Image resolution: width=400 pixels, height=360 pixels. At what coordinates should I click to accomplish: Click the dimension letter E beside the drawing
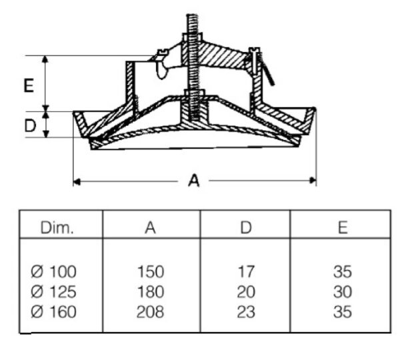coord(29,85)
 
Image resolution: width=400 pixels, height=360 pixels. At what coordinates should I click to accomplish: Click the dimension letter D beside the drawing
coord(30,125)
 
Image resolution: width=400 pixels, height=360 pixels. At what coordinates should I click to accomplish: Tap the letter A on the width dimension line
coord(193,181)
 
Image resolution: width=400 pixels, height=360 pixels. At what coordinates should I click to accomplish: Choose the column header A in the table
coord(150,227)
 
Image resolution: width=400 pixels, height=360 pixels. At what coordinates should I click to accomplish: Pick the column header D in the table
coord(246,227)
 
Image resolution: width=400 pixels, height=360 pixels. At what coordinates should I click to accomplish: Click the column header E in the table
coord(343,227)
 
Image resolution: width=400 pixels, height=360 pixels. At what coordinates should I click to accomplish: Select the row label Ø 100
coord(53,272)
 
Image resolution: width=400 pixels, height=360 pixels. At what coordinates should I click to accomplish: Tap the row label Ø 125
coord(53,292)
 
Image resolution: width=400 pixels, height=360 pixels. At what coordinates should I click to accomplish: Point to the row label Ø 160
coord(53,312)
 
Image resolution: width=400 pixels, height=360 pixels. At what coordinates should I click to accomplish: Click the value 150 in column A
coord(151,272)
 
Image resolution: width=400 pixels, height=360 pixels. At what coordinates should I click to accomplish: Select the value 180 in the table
coord(151,292)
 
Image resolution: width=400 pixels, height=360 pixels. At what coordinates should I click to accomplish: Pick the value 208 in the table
coord(150,312)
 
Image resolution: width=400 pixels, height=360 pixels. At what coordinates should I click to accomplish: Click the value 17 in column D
coord(246,272)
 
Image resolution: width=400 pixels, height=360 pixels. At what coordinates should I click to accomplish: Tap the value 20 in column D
coord(246,292)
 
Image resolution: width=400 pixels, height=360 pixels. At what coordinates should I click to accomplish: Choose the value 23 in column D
coord(246,312)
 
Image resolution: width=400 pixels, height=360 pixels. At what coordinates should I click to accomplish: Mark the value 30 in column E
coord(343,292)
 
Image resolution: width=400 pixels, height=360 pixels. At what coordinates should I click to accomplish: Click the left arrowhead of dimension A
coord(77,181)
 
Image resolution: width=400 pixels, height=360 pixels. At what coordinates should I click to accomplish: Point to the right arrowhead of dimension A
coord(313,181)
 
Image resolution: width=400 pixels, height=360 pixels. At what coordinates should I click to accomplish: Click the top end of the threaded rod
coord(192,15)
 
